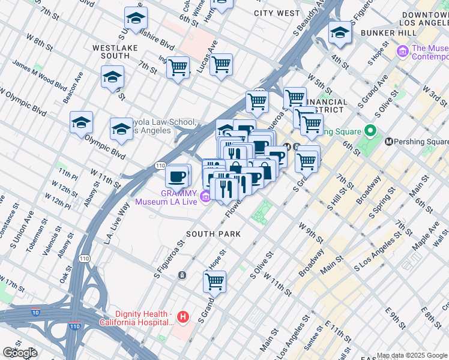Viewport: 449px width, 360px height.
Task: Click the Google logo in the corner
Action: click(x=20, y=353)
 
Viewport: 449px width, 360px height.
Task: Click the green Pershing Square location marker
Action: click(x=370, y=130)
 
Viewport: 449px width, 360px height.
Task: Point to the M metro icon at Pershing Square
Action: click(x=389, y=142)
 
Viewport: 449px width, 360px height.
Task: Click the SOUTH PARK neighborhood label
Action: click(x=213, y=233)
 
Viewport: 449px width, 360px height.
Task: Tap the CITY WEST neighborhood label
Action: click(x=276, y=13)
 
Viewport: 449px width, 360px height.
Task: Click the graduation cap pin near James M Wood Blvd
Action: click(x=112, y=77)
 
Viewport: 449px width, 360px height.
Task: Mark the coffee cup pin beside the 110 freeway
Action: click(x=178, y=176)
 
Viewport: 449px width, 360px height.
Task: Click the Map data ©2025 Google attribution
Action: click(x=412, y=355)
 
